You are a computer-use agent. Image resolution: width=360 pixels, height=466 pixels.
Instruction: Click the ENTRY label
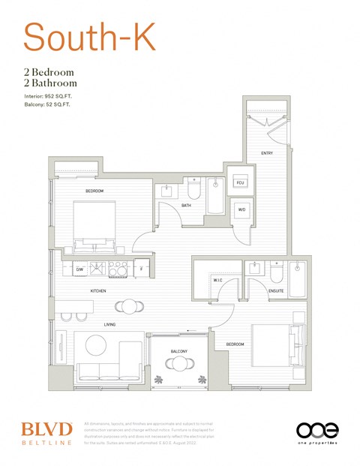click(267, 153)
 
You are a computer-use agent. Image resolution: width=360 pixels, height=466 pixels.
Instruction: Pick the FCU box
click(240, 183)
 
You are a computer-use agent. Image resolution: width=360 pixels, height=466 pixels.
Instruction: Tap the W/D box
click(241, 209)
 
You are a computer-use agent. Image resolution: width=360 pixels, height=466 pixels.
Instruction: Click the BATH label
click(186, 205)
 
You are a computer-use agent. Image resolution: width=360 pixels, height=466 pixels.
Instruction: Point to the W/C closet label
click(218, 280)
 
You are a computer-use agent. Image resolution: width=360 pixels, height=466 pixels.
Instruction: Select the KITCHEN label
click(98, 290)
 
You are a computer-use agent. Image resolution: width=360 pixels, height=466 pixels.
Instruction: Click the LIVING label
click(109, 325)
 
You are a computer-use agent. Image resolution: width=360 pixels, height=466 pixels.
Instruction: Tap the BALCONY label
click(178, 352)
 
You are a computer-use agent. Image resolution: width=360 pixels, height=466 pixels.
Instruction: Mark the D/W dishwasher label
click(79, 268)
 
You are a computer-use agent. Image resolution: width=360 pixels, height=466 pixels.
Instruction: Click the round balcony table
click(179, 364)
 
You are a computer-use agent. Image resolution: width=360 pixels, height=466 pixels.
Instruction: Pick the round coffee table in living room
click(96, 345)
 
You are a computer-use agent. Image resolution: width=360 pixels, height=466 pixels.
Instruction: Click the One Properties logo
click(317, 433)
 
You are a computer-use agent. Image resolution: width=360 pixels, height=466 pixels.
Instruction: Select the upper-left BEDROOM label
click(94, 191)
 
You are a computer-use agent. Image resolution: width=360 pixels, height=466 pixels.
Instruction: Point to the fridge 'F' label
click(141, 268)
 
